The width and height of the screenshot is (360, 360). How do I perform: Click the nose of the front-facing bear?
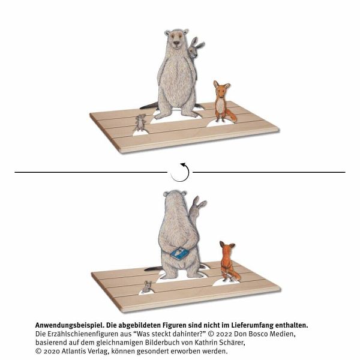coord(176,43)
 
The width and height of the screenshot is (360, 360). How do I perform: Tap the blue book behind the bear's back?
coord(179,253)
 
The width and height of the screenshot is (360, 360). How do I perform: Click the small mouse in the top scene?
coord(140,123)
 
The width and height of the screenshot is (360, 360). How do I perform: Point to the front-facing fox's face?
coord(221,91)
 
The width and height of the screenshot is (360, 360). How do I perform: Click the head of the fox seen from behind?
coord(227,248)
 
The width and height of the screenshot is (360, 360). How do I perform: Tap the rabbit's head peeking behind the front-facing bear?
coord(195,48)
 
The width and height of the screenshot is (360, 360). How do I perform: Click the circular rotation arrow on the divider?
coord(180,172)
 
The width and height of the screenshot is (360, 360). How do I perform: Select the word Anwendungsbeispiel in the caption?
coord(70,325)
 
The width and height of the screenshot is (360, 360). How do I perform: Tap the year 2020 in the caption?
coord(52,351)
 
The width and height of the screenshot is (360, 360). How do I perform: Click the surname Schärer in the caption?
coord(230,343)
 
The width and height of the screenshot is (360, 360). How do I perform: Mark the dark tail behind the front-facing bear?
coord(149,106)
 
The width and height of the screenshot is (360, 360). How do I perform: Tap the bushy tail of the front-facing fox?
coord(232,116)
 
